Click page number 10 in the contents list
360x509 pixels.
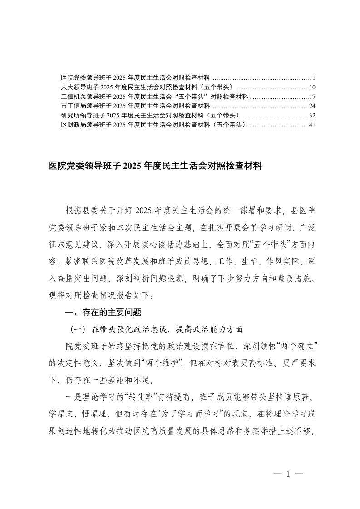click(x=312, y=87)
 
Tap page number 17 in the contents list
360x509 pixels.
click(x=312, y=97)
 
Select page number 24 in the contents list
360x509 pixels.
click(x=312, y=106)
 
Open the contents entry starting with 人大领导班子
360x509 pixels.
click(x=148, y=87)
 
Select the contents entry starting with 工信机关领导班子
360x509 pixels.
click(x=154, y=97)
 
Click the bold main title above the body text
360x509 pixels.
click(x=155, y=166)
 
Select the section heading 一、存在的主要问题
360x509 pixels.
click(x=104, y=313)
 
